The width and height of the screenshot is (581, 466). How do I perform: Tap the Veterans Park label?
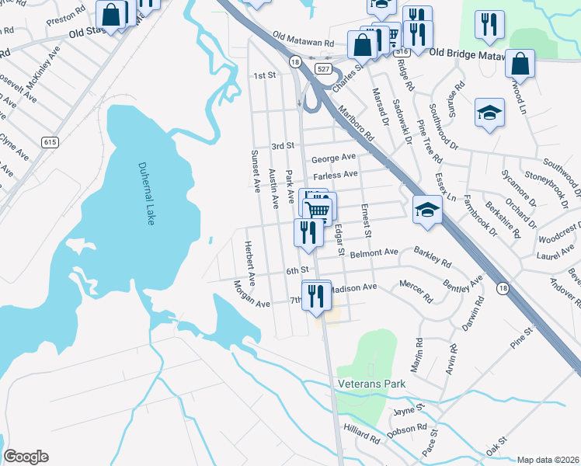[371, 384]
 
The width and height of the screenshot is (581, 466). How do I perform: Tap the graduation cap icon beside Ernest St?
[426, 209]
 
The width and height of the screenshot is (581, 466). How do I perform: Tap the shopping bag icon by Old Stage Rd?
[113, 14]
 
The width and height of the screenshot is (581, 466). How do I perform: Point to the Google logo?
[26, 457]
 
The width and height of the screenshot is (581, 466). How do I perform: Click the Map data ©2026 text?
[548, 460]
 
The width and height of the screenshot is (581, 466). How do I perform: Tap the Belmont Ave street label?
[374, 252]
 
